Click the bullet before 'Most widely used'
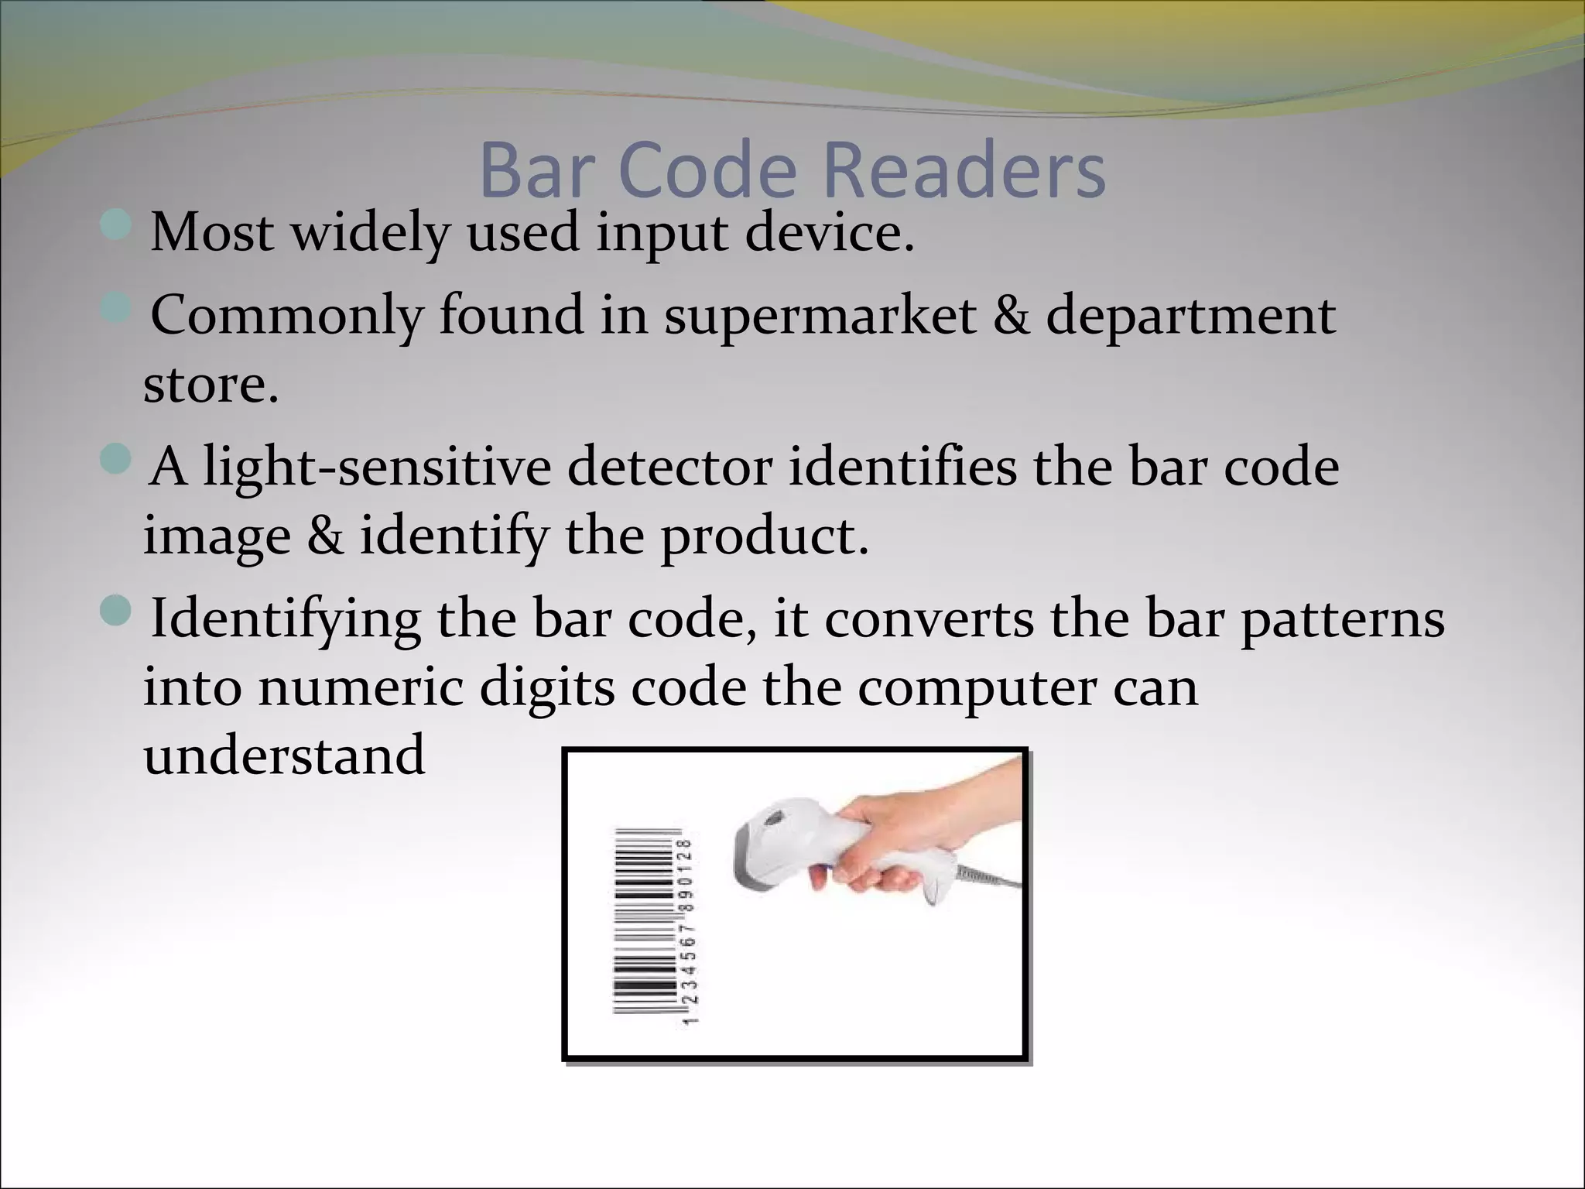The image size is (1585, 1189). pos(116,224)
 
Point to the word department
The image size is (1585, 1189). pos(1190,317)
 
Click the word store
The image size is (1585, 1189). pos(210,385)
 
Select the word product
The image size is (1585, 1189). pos(764,536)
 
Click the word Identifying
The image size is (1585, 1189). pos(286,620)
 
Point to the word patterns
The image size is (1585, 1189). pos(1343,620)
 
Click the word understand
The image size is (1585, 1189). pos(284,756)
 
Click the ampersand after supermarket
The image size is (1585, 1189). pos(1011,316)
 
